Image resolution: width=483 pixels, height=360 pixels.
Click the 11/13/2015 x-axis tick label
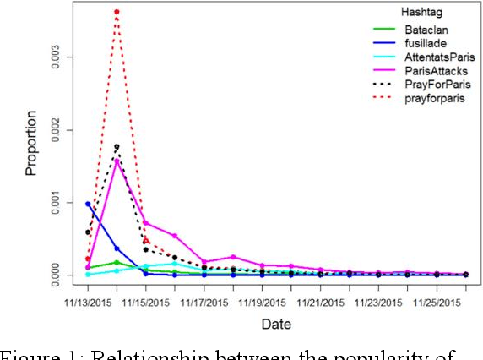tap(87, 300)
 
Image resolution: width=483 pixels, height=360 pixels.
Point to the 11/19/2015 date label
tap(263, 300)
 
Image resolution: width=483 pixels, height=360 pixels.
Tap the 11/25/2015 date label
tap(437, 300)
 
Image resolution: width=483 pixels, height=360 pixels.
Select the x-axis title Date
tap(275, 323)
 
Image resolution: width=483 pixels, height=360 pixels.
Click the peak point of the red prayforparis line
tap(117, 12)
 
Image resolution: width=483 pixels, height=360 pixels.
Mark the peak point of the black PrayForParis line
tap(117, 147)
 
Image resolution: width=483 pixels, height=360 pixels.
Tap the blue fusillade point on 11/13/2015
tap(88, 204)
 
